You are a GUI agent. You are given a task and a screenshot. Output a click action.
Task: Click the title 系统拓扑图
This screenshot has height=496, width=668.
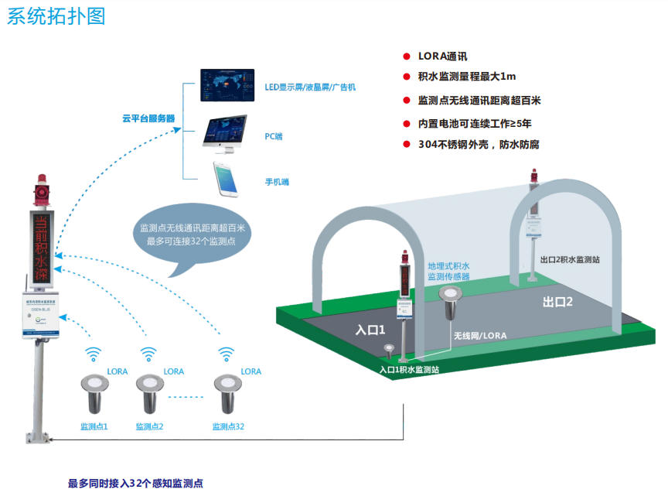[x=56, y=16]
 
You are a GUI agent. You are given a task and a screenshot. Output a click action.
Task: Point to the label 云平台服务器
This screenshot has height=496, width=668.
[x=148, y=119]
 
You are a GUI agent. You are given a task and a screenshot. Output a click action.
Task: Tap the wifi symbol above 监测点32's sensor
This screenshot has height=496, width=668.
[x=226, y=354]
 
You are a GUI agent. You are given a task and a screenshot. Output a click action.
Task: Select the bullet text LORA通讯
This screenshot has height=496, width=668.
[x=442, y=56]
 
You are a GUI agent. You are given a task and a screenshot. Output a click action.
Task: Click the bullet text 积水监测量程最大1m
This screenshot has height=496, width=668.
[x=466, y=77]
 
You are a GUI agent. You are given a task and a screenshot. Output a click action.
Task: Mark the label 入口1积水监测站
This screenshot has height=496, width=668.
[x=409, y=370]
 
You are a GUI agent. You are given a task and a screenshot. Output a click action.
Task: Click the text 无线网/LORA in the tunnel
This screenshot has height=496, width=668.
[x=480, y=337]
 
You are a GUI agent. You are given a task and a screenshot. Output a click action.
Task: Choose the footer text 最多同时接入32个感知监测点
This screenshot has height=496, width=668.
[x=135, y=484]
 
